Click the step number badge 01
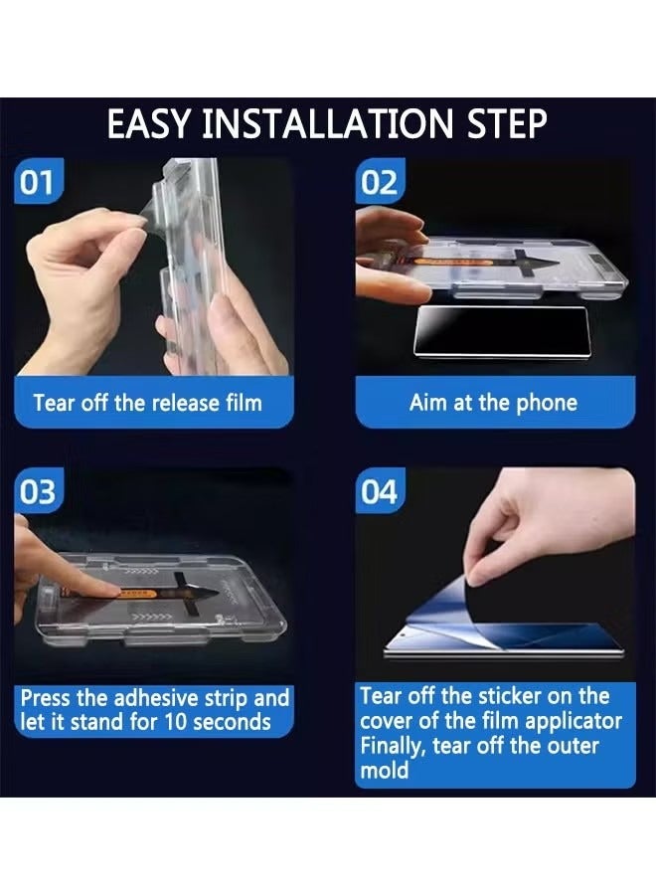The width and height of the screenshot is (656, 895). [38, 182]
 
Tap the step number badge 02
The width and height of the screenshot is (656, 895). [380, 182]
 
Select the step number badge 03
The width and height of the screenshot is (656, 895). [38, 491]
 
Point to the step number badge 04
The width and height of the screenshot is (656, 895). [380, 491]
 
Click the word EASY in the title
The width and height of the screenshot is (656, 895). [148, 124]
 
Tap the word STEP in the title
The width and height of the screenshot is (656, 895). [507, 124]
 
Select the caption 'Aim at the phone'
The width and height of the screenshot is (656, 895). [493, 403]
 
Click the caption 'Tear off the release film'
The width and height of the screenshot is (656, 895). [148, 403]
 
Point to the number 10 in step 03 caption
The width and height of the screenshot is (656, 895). [176, 722]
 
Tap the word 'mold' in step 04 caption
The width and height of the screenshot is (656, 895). [385, 771]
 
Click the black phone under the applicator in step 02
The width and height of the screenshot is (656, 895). [501, 331]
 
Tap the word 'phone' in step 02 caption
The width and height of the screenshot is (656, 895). [547, 404]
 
